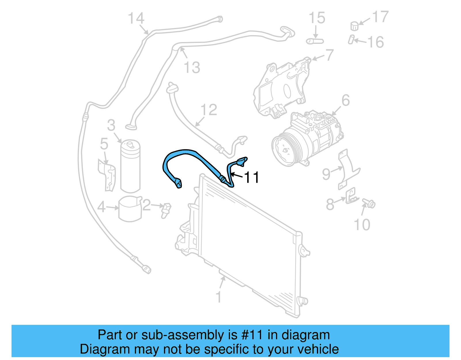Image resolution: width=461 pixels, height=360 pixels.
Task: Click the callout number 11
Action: coord(252,177)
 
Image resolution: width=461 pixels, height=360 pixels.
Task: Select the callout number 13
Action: coord(192,68)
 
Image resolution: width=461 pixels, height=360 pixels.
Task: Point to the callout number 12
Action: coord(209,110)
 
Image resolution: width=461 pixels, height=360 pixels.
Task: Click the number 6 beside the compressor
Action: coord(345,101)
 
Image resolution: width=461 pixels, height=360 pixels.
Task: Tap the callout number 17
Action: coord(380,17)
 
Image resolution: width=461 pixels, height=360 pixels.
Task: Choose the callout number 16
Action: coord(376,42)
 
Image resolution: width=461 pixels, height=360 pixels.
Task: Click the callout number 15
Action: coord(317,18)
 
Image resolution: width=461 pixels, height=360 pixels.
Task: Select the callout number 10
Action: coord(362,225)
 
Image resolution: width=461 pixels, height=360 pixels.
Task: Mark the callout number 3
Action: coord(111,125)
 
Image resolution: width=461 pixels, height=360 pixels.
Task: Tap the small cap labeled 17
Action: coord(354,26)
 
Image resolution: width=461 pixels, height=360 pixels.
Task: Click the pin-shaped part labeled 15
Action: coord(315,41)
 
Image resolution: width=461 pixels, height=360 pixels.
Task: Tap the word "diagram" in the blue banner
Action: coord(306,335)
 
